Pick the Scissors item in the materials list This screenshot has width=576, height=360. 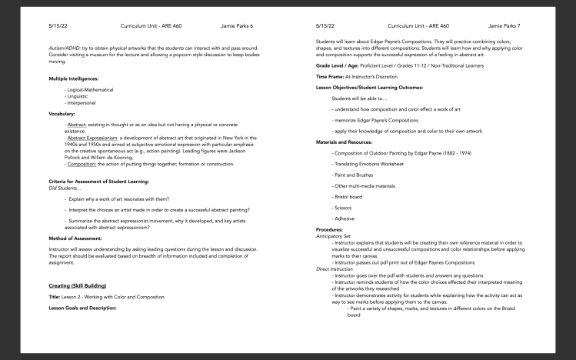pyautogui.click(x=345, y=208)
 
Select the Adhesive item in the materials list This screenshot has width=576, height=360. pyautogui.click(x=345, y=218)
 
